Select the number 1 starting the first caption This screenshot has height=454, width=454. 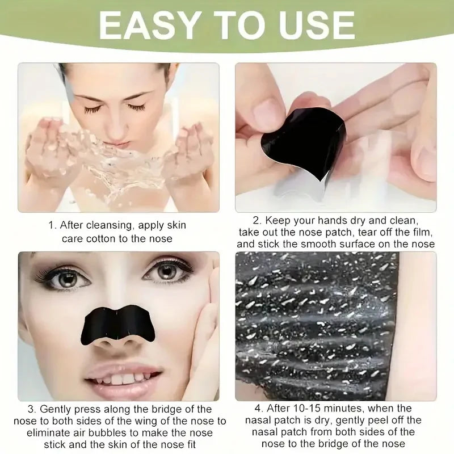point(51,225)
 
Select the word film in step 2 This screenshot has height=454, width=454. point(423,232)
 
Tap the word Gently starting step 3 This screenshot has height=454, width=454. point(57,409)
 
